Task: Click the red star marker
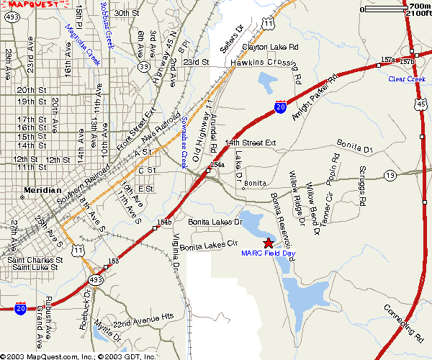269,243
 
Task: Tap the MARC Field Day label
269,253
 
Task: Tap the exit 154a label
217,166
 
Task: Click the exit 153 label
113,261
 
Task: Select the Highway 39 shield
144,66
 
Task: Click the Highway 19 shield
390,175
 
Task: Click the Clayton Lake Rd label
269,47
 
